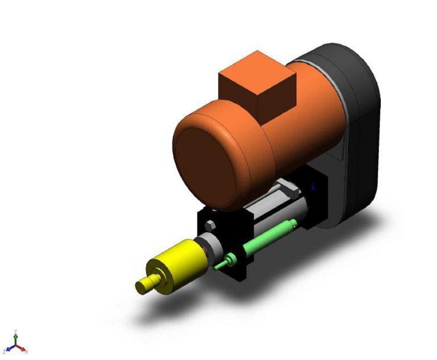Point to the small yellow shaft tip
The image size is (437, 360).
(x=142, y=285)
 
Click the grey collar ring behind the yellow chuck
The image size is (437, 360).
(x=212, y=246)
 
